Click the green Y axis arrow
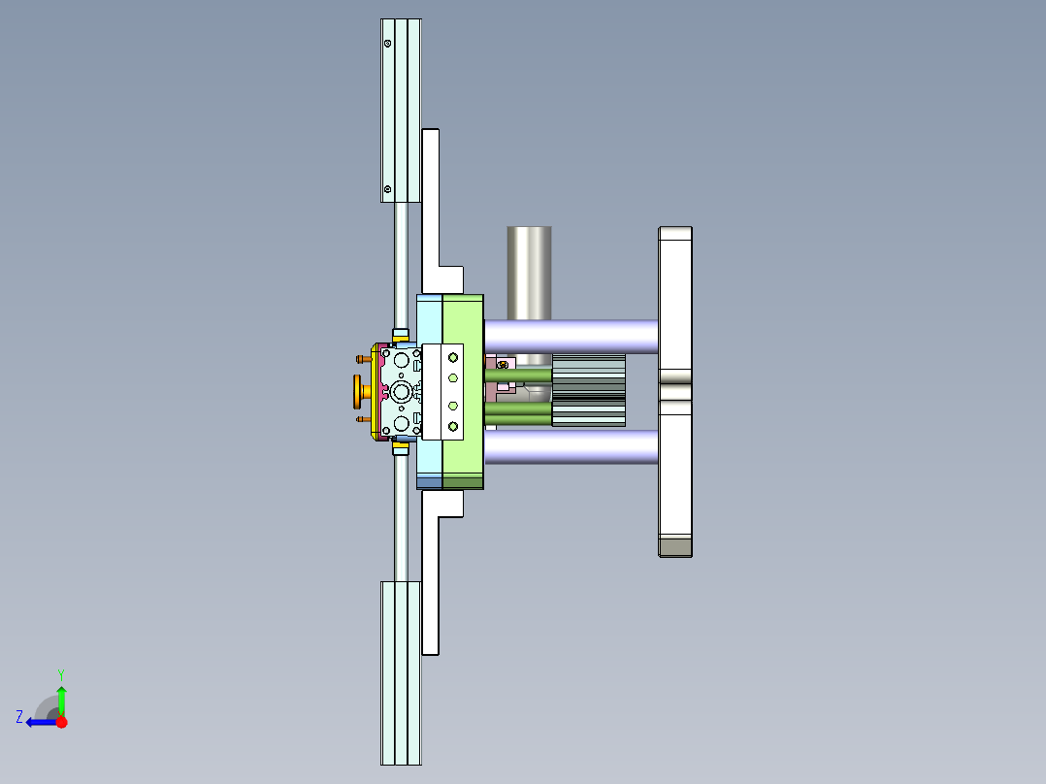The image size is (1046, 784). [61, 699]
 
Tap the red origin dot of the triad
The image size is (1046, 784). [61, 722]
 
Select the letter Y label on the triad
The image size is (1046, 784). [60, 673]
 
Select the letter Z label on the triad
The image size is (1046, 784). [19, 716]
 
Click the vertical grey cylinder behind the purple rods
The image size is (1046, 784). [529, 272]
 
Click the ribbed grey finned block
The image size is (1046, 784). [589, 390]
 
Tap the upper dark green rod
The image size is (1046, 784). [518, 375]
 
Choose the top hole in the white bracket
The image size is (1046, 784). [452, 357]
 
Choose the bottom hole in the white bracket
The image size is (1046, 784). [452, 426]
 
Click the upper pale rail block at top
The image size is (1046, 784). [401, 110]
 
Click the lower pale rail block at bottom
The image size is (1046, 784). [401, 672]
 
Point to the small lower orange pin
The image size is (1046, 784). [362, 420]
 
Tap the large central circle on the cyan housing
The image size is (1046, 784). [402, 391]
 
